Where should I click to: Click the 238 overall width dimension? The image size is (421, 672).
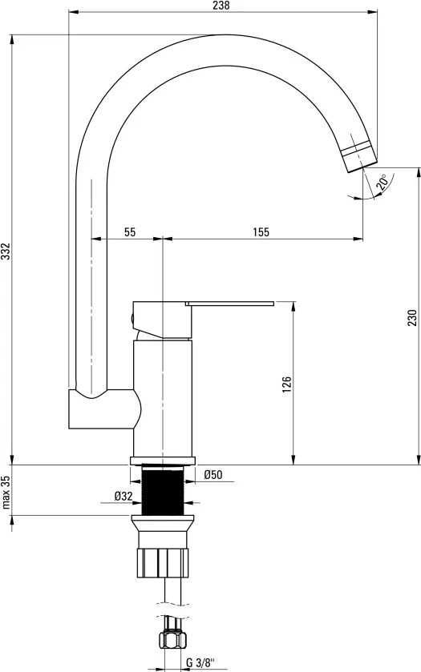[x=221, y=6]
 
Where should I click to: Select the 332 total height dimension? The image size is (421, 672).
[x=6, y=251]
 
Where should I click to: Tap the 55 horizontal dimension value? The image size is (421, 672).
[x=130, y=231]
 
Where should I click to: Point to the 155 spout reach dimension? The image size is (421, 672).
[x=261, y=231]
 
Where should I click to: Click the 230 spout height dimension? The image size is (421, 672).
[x=411, y=317]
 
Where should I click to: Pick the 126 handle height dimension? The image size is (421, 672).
[x=286, y=384]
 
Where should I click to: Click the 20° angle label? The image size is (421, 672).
[x=382, y=182]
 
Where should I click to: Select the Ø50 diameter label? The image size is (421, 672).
[x=213, y=474]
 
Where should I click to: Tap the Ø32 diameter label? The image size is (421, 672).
[x=123, y=496]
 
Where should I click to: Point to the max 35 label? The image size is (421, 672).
[x=6, y=492]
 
